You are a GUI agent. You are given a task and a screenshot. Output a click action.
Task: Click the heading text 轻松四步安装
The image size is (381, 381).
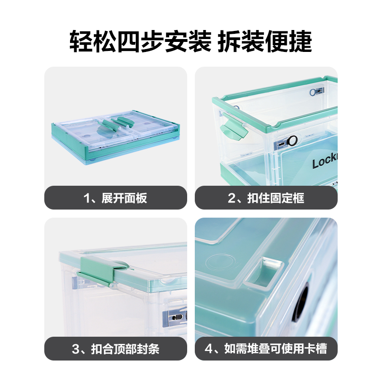140,41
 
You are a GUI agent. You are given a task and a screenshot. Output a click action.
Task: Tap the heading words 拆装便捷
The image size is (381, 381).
264,41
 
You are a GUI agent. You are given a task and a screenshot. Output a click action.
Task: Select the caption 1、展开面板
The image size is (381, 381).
115,198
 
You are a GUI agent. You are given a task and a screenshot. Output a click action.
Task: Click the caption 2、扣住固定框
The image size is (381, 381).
266,198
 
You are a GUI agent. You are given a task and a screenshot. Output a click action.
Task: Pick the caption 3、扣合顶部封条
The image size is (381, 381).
115,349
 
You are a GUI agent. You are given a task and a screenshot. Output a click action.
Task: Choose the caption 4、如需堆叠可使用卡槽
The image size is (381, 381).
266,349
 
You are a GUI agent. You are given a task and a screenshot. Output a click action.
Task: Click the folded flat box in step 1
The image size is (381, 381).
116,138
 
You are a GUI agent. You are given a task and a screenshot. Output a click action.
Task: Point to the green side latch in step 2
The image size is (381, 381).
233,129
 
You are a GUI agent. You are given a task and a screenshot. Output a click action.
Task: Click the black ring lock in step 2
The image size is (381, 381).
292,140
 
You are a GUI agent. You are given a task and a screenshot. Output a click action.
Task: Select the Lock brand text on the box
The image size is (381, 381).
325,161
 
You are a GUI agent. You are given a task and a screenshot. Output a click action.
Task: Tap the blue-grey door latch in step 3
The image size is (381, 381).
175,317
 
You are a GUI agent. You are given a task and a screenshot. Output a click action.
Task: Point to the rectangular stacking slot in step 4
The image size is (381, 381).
264,273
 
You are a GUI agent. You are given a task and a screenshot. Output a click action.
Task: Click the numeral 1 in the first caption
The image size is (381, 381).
87,198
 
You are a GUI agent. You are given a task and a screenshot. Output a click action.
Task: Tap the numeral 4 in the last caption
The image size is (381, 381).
209,349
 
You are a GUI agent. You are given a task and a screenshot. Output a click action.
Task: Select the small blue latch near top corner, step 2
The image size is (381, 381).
317,92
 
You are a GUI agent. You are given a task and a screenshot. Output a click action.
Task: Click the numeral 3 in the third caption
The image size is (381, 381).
76,349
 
